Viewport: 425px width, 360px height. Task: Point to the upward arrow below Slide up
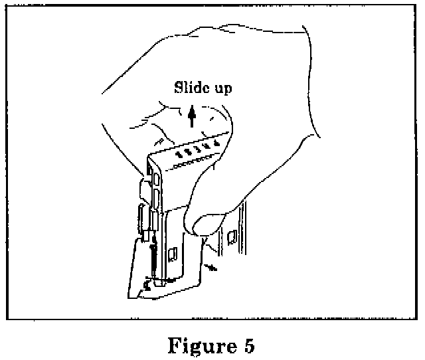[x=192, y=116]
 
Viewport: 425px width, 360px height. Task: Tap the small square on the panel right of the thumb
[x=232, y=236]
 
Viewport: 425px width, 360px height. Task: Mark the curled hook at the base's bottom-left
[x=145, y=287]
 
